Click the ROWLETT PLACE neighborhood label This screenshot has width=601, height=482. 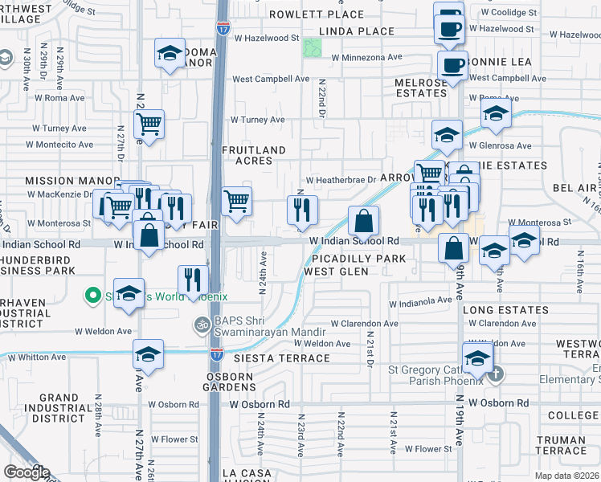pos(316,15)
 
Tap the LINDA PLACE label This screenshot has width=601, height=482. pos(357,31)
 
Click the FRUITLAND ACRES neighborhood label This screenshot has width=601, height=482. pos(254,155)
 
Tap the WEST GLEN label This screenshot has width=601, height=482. pos(336,272)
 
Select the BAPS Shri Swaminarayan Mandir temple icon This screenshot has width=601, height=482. pos(201,325)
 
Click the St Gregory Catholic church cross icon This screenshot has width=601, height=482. pos(497,374)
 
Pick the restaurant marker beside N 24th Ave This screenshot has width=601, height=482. pos(192,280)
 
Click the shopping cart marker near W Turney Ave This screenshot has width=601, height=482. pos(149,124)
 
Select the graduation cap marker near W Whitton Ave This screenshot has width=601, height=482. pos(148,353)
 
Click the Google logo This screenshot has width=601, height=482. pos(27,472)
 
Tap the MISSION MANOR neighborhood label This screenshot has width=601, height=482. pos(61,181)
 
